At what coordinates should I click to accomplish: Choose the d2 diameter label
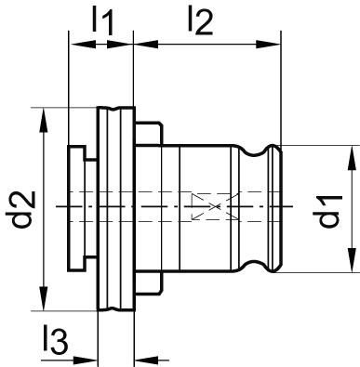tap(25, 209)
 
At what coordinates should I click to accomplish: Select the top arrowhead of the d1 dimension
tap(352, 151)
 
